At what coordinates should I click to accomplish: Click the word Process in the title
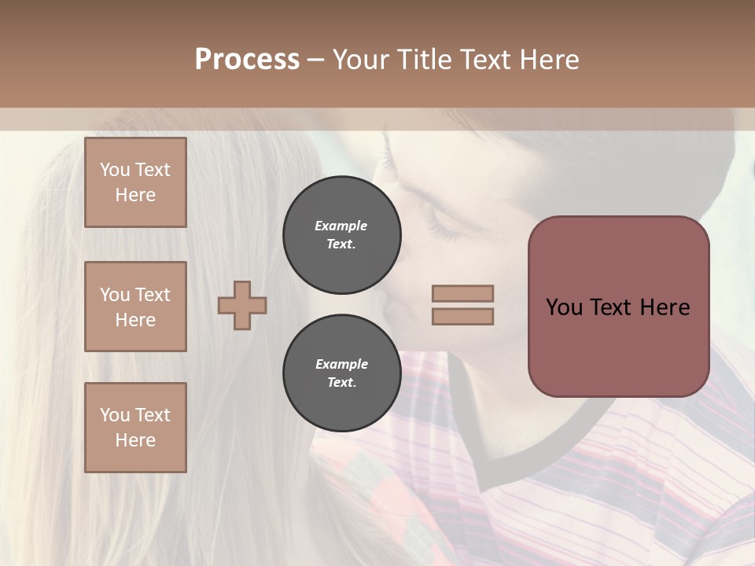click(x=247, y=59)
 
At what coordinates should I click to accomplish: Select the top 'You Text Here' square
click(x=135, y=182)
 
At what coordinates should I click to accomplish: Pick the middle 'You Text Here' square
click(x=135, y=307)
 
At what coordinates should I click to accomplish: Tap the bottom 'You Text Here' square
click(x=135, y=428)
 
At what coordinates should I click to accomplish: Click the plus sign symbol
click(x=242, y=305)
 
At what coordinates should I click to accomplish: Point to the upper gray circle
click(x=341, y=235)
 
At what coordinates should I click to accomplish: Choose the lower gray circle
click(x=341, y=373)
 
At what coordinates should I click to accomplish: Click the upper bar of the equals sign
click(x=462, y=294)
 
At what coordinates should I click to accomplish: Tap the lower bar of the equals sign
click(x=462, y=316)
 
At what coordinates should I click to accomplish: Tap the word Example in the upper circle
click(x=341, y=226)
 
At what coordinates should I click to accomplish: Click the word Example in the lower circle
click(x=341, y=364)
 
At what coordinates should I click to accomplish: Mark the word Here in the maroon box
click(x=665, y=307)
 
